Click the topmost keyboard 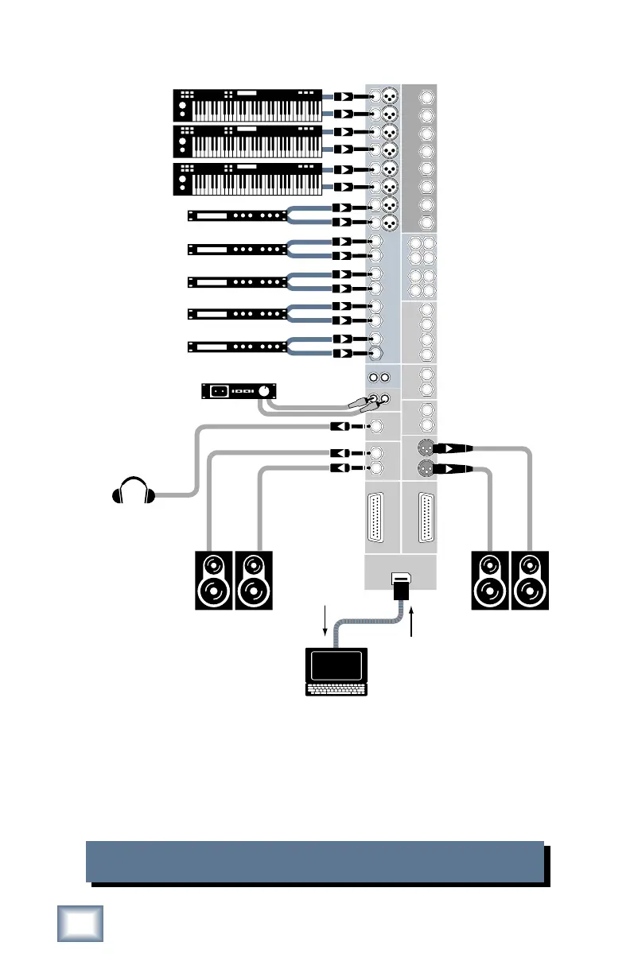coord(247,106)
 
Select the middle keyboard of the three coord(247,141)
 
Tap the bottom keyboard coord(247,178)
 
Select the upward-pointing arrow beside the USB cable coord(412,621)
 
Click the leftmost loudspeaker coord(213,580)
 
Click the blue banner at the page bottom coord(314,861)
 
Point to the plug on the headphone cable coord(340,427)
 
